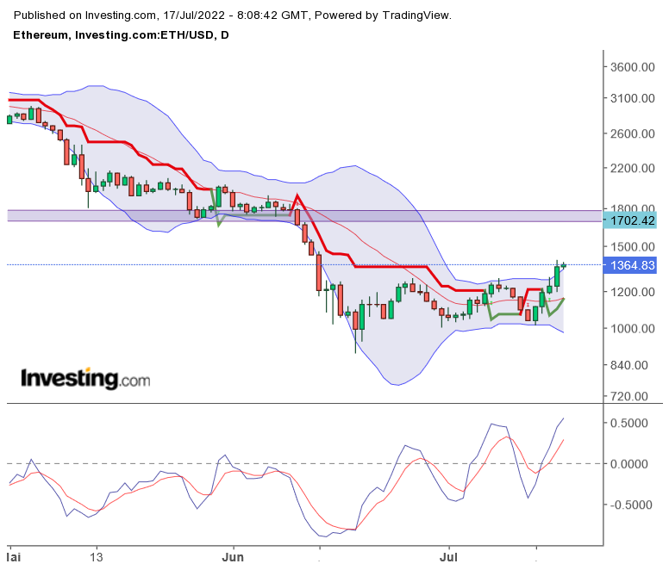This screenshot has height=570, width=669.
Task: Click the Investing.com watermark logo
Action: point(84,378)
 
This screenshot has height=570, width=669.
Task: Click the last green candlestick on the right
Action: point(564,265)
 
